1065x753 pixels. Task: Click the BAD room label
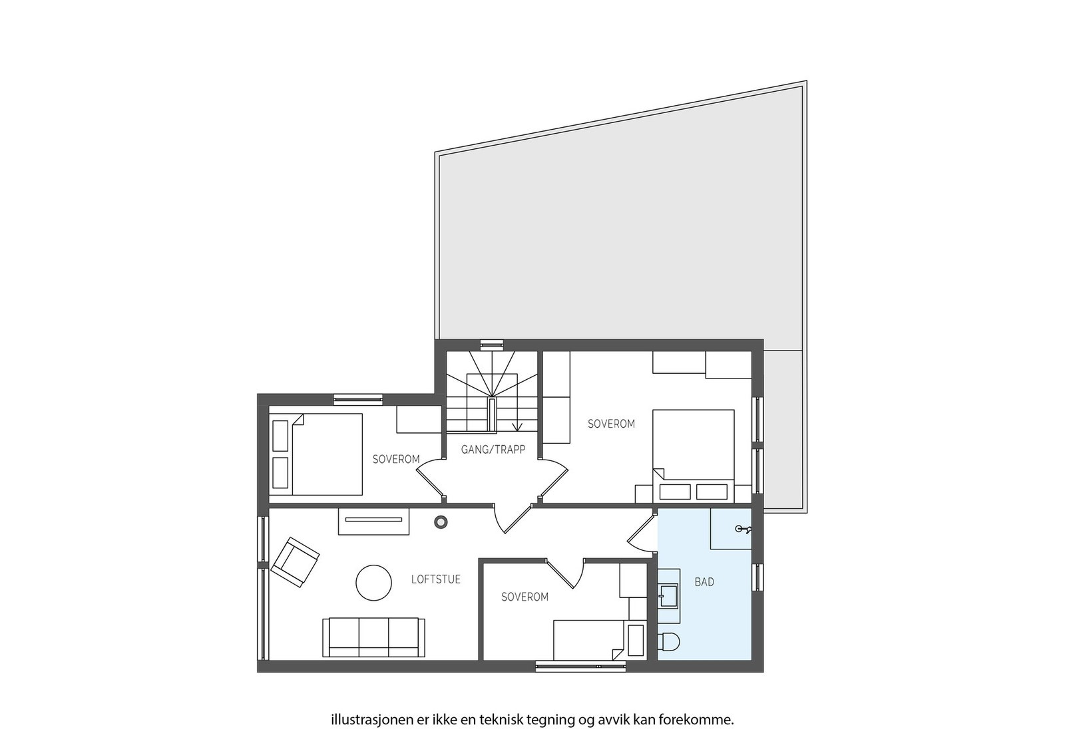pyautogui.click(x=704, y=582)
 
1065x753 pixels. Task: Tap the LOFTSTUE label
pyautogui.click(x=435, y=579)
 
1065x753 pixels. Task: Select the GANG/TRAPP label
pyautogui.click(x=493, y=450)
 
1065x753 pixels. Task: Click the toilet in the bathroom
pyautogui.click(x=668, y=641)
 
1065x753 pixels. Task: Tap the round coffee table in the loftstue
pyautogui.click(x=373, y=583)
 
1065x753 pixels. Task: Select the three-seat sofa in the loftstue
pyautogui.click(x=373, y=637)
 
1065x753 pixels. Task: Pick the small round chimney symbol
pyautogui.click(x=441, y=522)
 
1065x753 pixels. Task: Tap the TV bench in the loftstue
pyautogui.click(x=373, y=521)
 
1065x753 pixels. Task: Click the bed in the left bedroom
pyautogui.click(x=317, y=454)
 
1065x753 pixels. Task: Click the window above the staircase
pyautogui.click(x=493, y=344)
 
